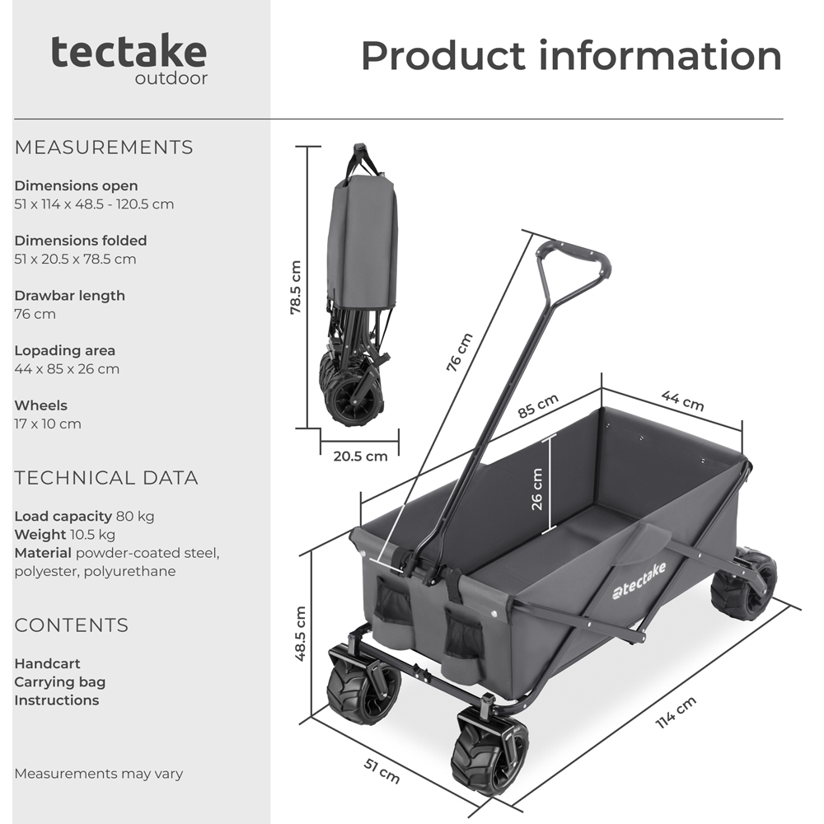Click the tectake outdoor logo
coord(129,59)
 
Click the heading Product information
coord(571,55)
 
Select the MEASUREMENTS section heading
coord(104,147)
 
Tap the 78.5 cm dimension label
coord(296,288)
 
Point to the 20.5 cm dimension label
coord(359,456)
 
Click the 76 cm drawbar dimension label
coord(459,353)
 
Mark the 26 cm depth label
coord(537,489)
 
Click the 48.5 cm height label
coord(301,634)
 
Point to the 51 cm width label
coord(382,770)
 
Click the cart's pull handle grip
coord(574,255)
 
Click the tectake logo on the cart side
coord(639,581)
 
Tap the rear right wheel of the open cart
coord(743,584)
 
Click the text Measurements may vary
coord(99,774)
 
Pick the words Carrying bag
coord(60,681)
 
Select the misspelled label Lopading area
coord(65,350)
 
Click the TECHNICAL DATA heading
coord(106,478)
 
